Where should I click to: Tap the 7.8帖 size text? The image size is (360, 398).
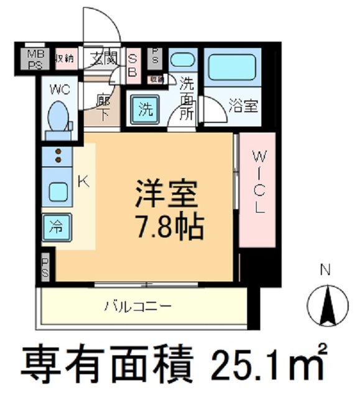tap(166, 228)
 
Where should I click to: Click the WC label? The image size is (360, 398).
tap(60, 88)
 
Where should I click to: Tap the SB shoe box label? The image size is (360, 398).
tap(132, 63)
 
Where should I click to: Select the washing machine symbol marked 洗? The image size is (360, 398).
tap(145, 109)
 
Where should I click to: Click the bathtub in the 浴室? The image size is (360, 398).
tap(232, 67)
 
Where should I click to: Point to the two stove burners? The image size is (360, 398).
tap(58, 155)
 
